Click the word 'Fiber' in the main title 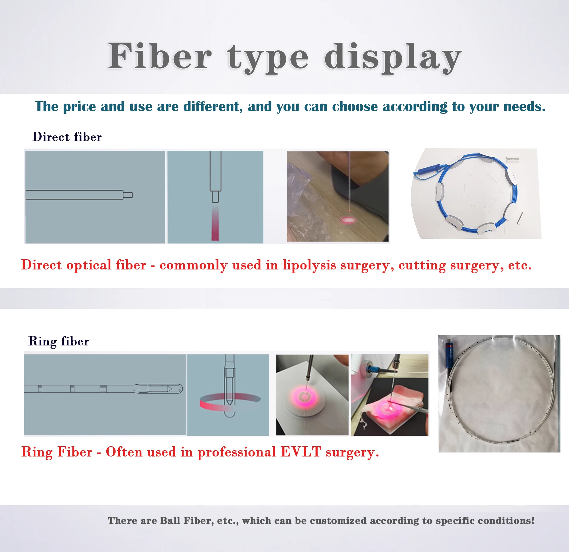pos(160,56)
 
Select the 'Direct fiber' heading pos(67,137)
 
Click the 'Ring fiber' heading pos(58,341)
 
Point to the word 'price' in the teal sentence pos(79,107)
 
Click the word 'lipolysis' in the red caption pos(309,265)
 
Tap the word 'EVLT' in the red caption pos(301,452)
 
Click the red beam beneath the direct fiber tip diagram pos(215,224)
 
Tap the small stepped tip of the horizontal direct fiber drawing pos(128,195)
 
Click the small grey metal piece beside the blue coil pos(512,159)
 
